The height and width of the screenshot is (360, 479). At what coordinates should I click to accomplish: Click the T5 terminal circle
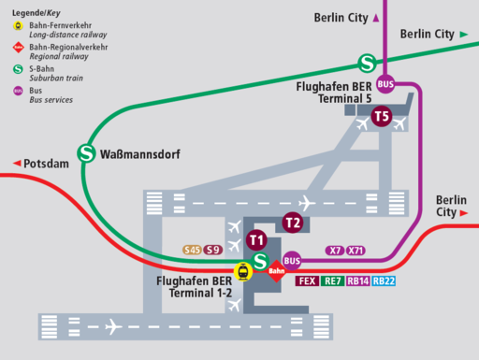click(381, 117)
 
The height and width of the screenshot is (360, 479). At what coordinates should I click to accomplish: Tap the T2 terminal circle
click(293, 223)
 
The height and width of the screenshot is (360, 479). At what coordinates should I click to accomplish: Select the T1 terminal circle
click(256, 240)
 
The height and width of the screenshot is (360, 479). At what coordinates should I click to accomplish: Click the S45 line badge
click(192, 250)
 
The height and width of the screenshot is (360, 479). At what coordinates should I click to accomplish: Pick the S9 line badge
click(213, 250)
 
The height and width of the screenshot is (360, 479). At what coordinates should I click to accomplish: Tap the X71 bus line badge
click(356, 251)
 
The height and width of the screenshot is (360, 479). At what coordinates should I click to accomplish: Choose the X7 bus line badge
click(334, 251)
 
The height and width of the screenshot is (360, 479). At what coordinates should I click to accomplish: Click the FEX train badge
click(306, 281)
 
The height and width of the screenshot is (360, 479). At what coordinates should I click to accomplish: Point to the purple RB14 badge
click(357, 281)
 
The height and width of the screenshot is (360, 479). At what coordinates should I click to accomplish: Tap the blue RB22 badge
click(384, 281)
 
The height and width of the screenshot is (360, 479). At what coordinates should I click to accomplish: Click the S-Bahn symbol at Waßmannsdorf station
click(87, 151)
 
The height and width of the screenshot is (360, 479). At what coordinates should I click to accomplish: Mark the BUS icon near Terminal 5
click(385, 84)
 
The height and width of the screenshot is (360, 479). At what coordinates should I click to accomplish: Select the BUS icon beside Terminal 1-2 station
click(292, 261)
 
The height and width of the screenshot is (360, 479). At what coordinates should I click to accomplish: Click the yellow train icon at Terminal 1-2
click(243, 272)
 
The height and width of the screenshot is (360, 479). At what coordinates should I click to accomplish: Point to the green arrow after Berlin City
click(464, 35)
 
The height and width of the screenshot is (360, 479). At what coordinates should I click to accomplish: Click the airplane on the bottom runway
click(113, 326)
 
